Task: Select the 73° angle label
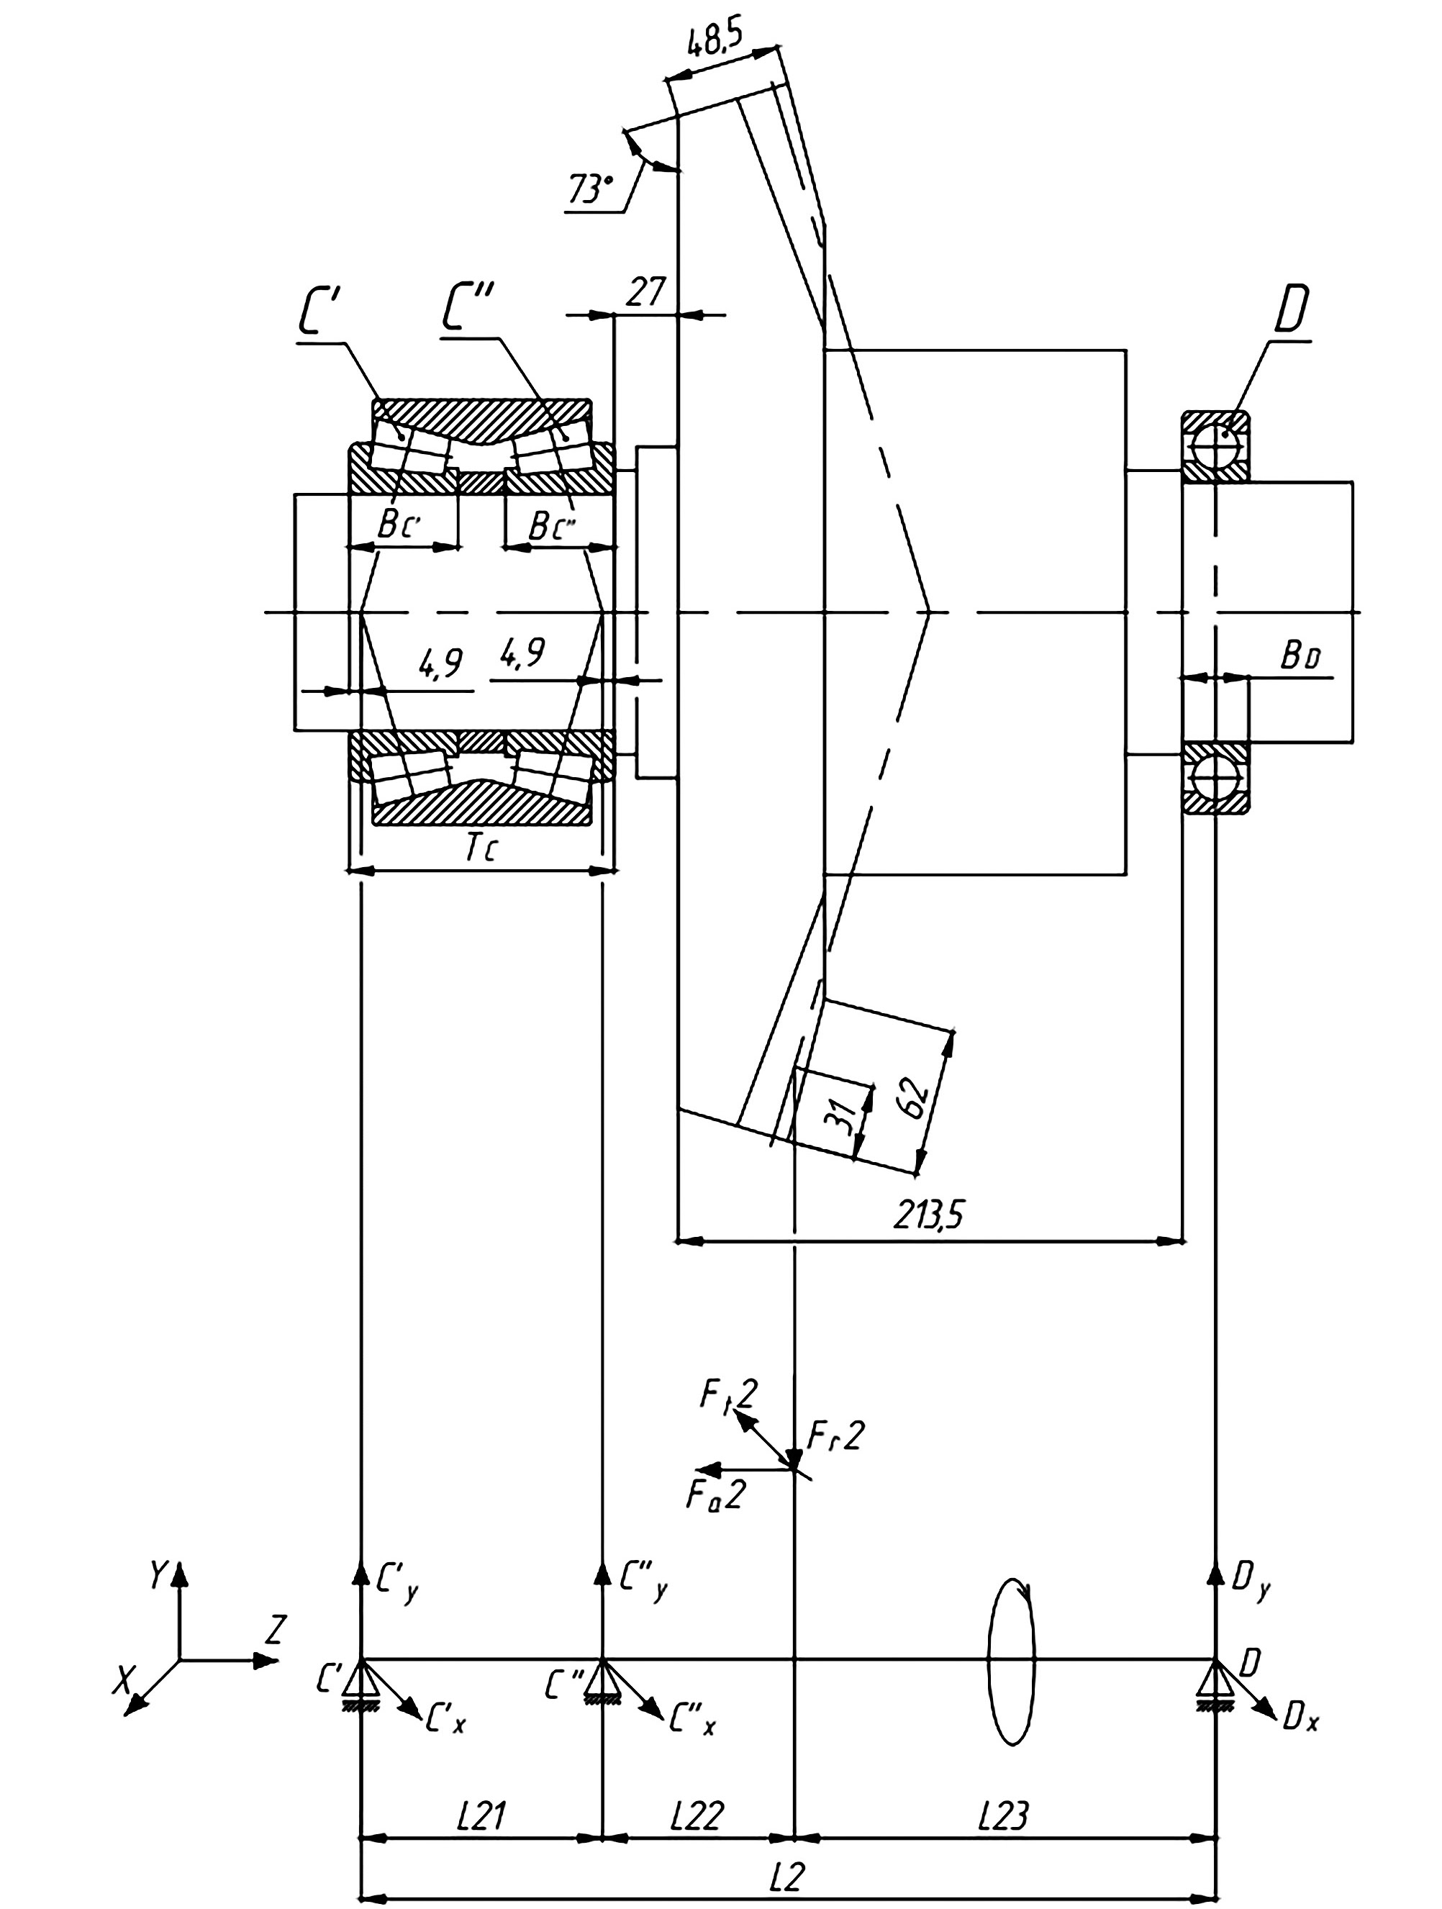(x=590, y=188)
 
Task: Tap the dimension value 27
(x=645, y=293)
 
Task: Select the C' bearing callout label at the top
(x=321, y=312)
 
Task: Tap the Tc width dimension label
(x=481, y=849)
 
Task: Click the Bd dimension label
(x=1300, y=658)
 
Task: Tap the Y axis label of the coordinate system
(x=158, y=1576)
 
